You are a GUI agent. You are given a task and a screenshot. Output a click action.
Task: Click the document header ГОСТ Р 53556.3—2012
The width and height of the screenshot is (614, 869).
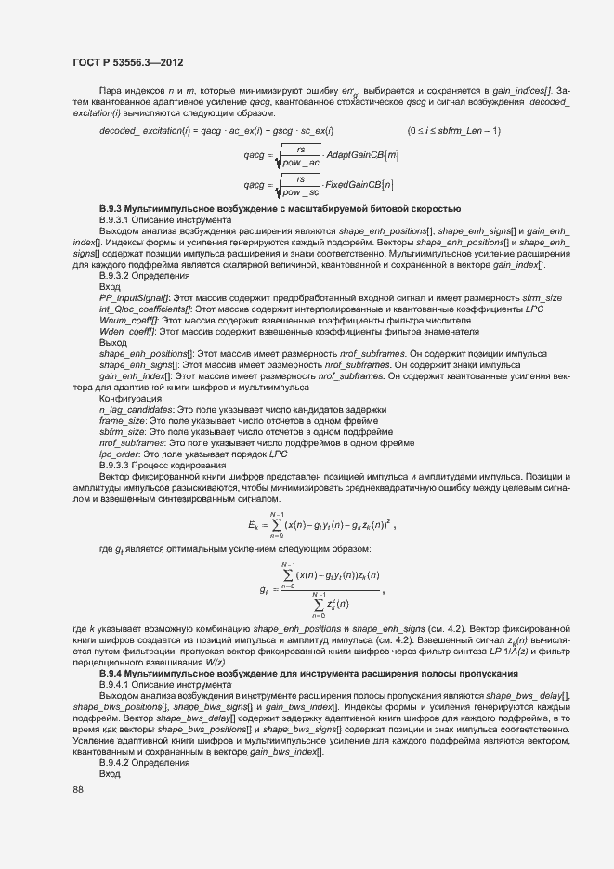coord(126,62)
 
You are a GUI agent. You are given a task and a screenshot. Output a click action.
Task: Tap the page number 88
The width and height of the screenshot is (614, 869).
coord(78,789)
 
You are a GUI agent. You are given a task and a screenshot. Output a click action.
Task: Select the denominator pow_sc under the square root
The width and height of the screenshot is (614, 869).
coord(301,192)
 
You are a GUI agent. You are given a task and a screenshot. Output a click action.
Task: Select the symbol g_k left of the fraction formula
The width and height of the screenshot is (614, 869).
coord(265,589)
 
